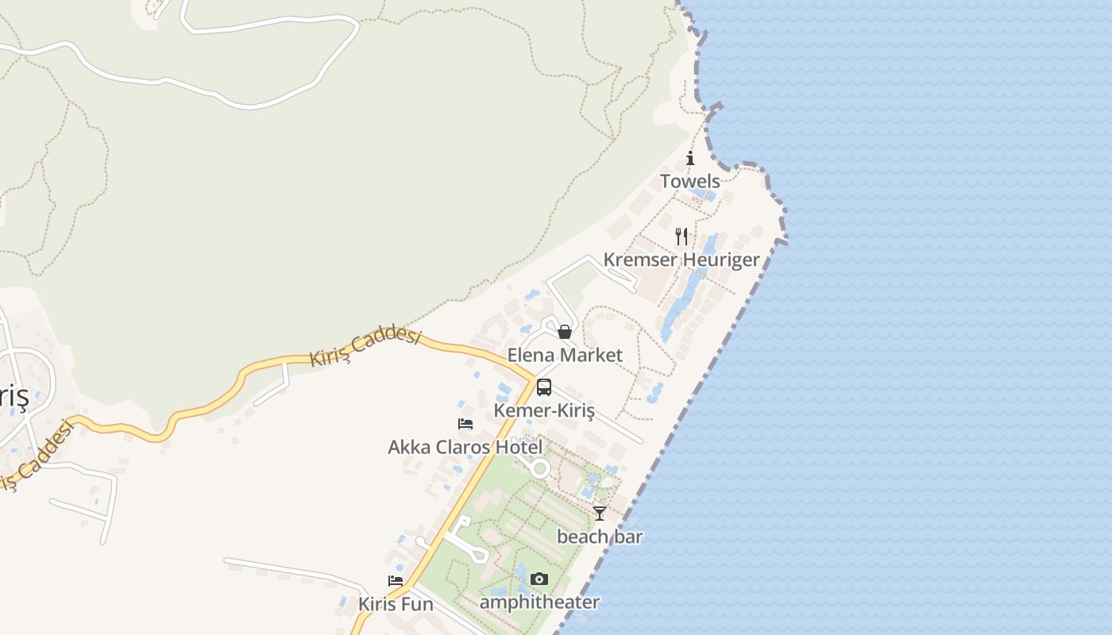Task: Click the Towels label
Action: point(690,181)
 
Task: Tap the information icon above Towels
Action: point(690,158)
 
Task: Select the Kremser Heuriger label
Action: point(681,260)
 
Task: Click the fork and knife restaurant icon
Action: point(681,236)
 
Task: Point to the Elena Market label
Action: point(565,355)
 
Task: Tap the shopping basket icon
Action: point(565,331)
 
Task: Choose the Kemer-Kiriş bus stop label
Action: point(544,410)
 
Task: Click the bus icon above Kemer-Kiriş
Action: point(544,387)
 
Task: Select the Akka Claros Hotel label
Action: point(465,447)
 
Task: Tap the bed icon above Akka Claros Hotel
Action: point(465,424)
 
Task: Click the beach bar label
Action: point(600,537)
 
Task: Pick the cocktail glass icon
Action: point(600,514)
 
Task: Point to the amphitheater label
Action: point(539,602)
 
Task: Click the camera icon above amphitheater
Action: point(539,579)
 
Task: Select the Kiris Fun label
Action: point(396,604)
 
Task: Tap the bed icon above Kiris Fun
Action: point(396,581)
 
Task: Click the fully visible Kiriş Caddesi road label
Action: point(365,348)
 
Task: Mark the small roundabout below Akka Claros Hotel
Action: point(541,468)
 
